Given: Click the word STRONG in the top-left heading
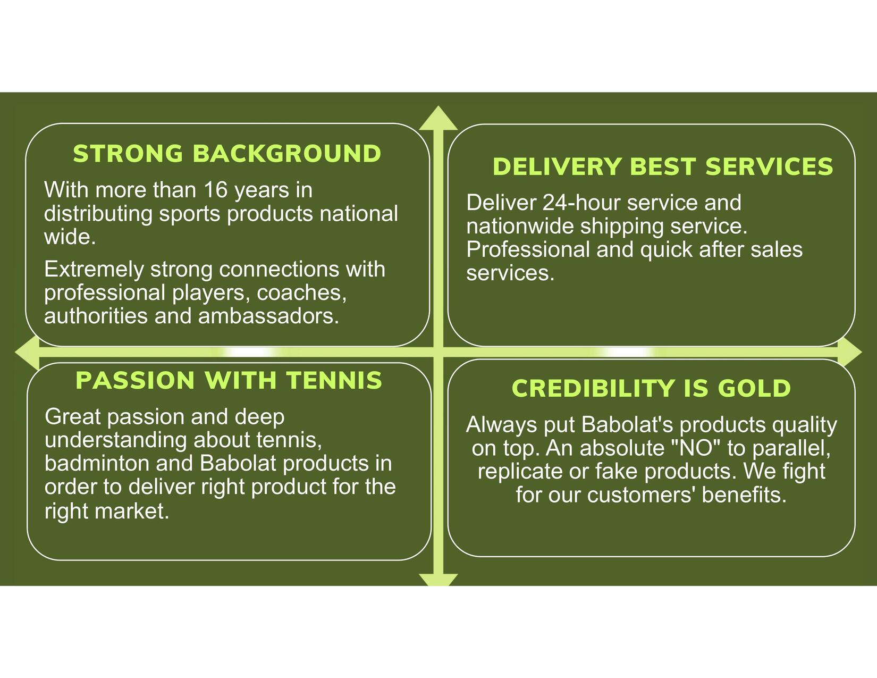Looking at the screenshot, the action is (128, 154).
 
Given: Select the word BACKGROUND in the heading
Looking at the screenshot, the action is (287, 154).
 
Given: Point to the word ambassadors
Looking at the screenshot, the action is (268, 316).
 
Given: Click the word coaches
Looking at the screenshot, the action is (301, 293).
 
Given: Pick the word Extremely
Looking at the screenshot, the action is (94, 270).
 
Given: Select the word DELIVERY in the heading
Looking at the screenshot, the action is (557, 166).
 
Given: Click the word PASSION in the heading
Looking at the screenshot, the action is (135, 380).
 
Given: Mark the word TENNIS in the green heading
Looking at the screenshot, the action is (334, 380).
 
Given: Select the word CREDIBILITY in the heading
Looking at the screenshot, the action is (593, 388).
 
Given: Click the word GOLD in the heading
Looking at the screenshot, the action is (754, 388).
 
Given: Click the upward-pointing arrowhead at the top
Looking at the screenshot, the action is (438, 118).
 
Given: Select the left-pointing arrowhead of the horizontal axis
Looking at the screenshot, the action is (28, 353).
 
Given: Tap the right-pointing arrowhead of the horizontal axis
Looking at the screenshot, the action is (850, 353).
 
